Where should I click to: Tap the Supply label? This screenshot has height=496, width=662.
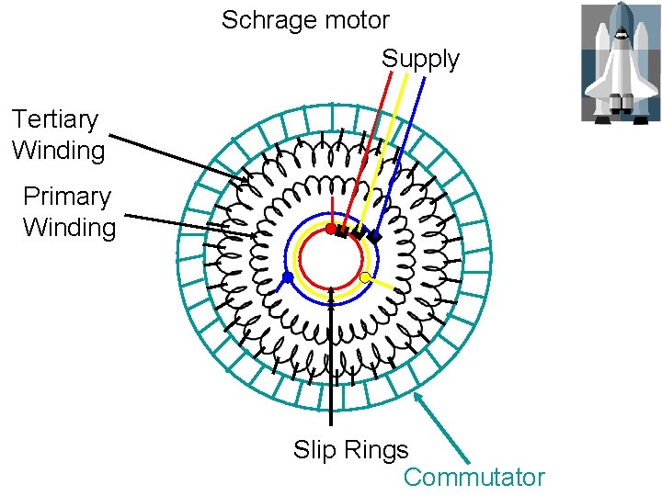coord(420,59)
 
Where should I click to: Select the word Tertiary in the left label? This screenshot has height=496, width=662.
coord(54,119)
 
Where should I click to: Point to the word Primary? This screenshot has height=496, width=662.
coord(66,197)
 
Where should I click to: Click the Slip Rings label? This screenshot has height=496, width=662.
coord(350,450)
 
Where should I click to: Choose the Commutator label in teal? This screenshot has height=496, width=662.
coord(474,478)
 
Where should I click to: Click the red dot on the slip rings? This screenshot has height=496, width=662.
coord(331,229)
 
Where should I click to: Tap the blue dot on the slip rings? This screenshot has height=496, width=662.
coord(288,276)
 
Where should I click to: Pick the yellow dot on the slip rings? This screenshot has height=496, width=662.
coord(365,276)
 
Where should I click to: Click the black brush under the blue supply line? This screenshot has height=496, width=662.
coord(374,235)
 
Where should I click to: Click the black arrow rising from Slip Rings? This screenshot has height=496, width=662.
coord(332,367)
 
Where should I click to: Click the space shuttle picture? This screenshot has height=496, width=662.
coord(620,62)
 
